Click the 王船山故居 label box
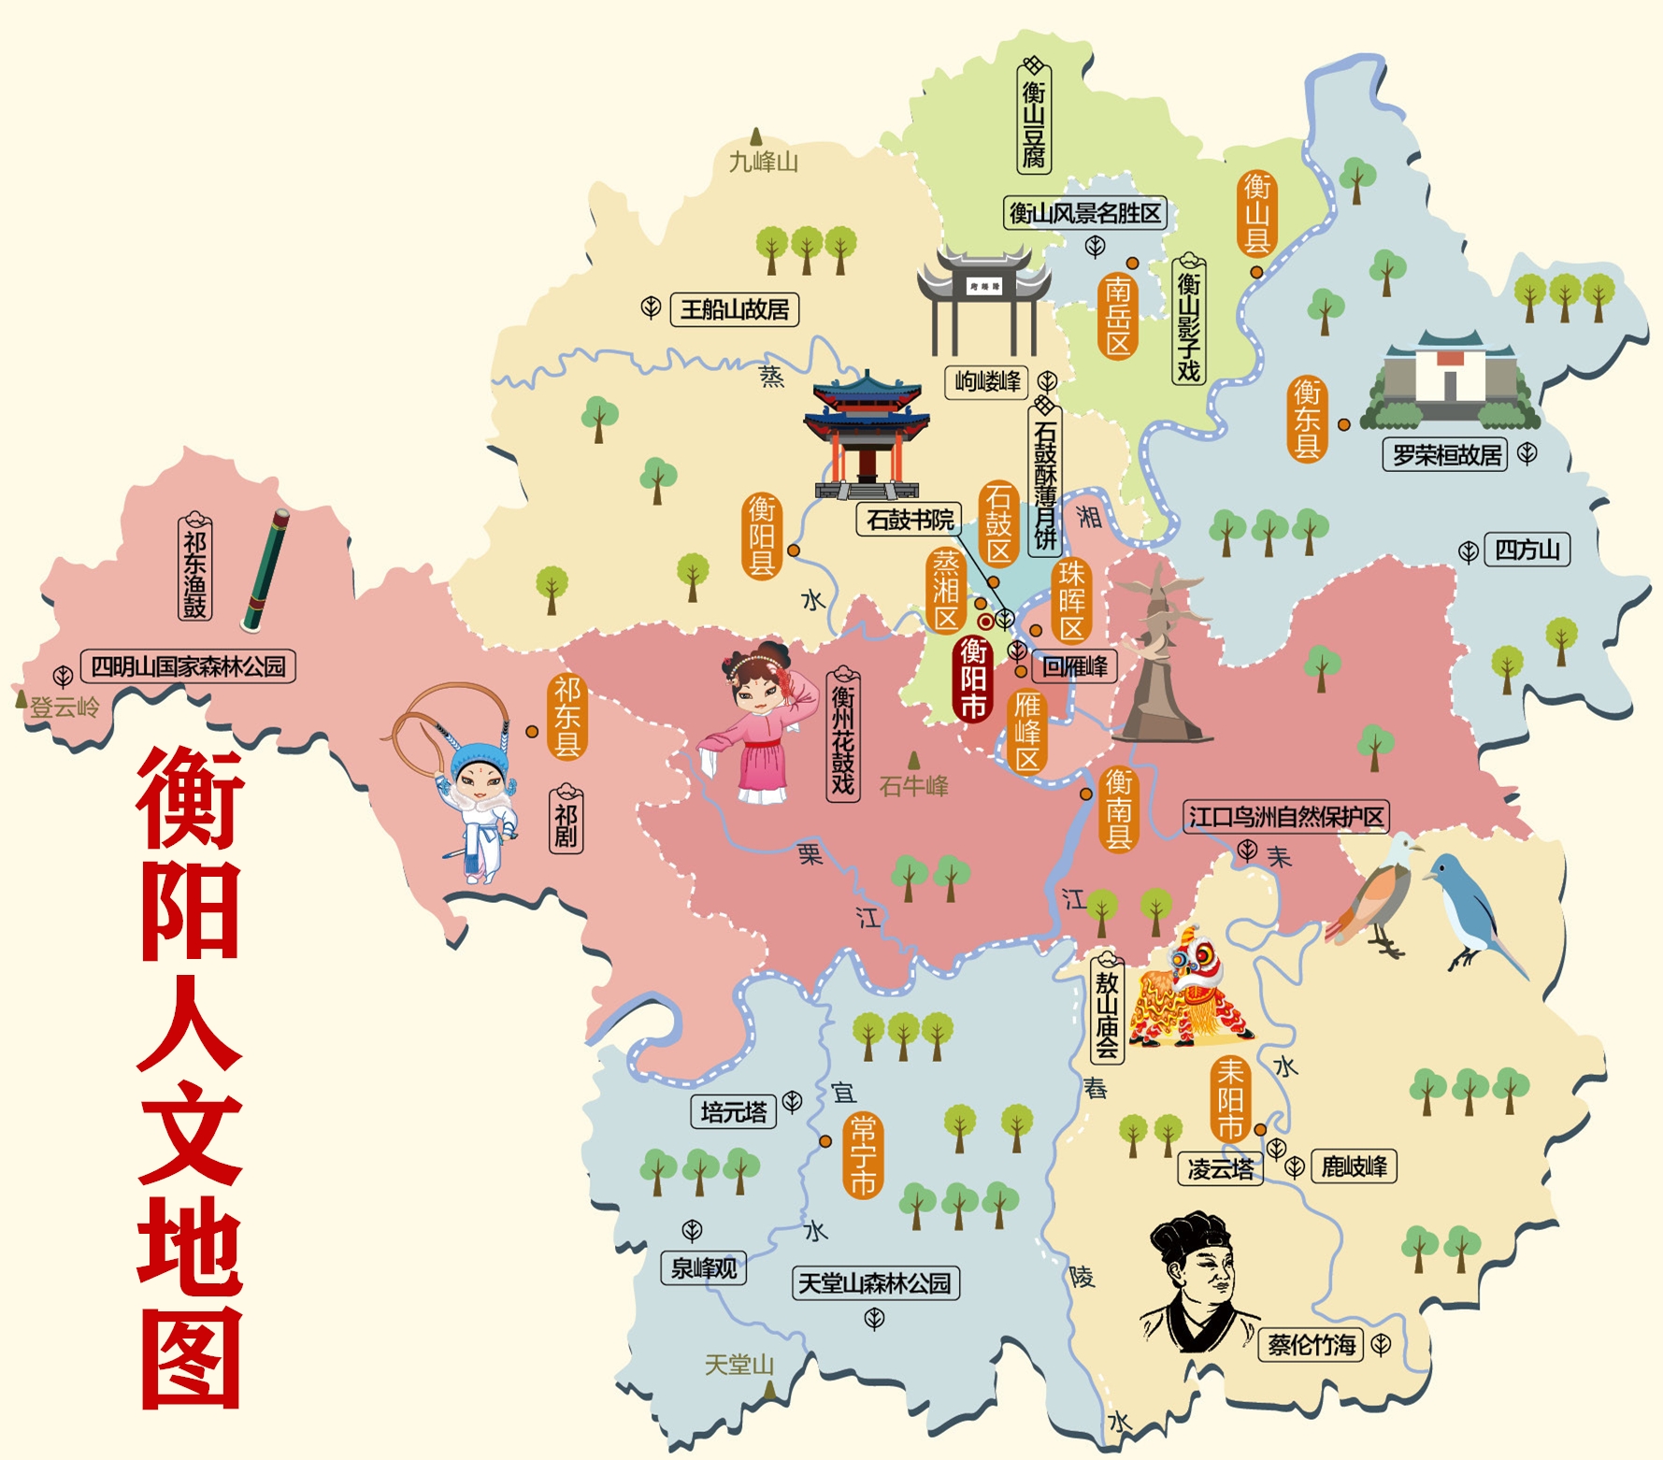735,309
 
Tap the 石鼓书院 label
910,520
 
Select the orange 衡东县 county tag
1306,419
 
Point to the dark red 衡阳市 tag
973,680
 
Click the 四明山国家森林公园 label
188,666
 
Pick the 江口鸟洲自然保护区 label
1285,817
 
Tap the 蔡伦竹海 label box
1312,1345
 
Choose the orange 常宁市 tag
862,1155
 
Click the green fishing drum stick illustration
265,569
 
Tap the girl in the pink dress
754,724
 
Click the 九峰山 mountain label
763,163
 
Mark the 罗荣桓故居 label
1445,455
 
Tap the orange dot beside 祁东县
532,731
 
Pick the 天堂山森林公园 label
875,1283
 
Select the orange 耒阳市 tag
1229,1099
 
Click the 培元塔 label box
734,1112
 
